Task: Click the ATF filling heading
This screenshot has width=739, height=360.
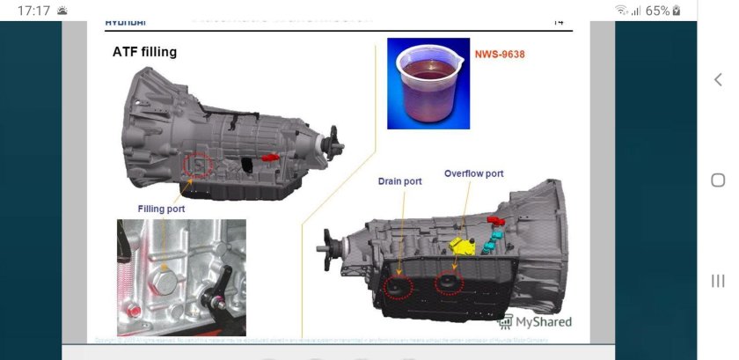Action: point(144,52)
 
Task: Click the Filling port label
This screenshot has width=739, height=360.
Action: point(161,209)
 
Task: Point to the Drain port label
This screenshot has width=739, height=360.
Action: point(399,181)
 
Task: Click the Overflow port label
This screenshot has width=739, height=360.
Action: point(473,173)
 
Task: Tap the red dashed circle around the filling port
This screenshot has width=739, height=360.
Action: point(199,164)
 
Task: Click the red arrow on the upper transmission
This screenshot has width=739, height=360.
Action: point(271,157)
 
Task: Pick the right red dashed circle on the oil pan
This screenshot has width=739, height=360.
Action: point(449,283)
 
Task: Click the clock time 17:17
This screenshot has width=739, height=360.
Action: point(32,11)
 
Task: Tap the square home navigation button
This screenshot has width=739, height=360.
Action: point(717,180)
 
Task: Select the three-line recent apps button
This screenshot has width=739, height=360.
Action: point(717,281)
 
